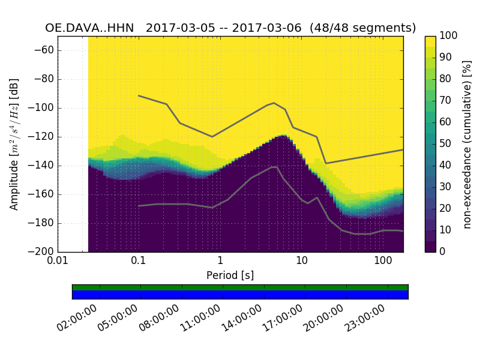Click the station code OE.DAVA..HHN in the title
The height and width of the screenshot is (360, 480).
point(89,28)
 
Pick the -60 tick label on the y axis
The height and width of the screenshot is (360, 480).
point(43,50)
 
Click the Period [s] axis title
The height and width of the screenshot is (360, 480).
point(230,275)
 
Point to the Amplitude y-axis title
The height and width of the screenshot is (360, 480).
point(14,144)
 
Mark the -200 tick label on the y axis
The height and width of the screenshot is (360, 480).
point(41,251)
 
